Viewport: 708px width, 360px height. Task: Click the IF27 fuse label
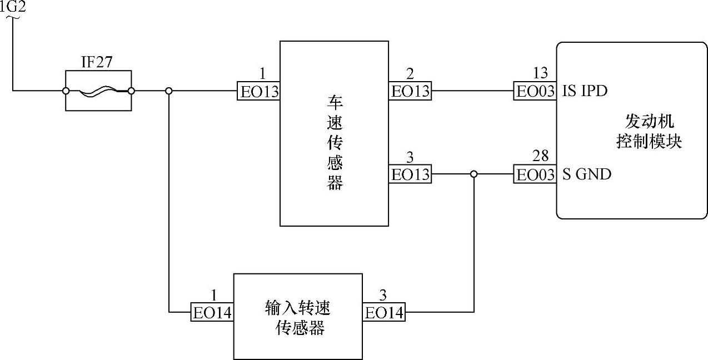tap(97, 62)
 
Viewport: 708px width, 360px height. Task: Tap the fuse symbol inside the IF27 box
tap(98, 91)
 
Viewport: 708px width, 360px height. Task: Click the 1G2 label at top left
tap(13, 7)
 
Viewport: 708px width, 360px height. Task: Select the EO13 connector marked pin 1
tap(259, 92)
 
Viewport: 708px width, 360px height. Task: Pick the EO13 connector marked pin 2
tap(410, 91)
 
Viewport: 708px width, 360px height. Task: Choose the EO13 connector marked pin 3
tap(410, 174)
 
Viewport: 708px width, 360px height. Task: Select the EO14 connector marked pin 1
tap(212, 313)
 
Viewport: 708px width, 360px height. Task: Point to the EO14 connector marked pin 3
tap(383, 313)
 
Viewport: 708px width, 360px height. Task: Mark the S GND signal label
tap(586, 174)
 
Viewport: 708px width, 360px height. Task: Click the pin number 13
tap(540, 73)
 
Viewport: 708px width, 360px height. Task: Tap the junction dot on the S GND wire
tap(473, 174)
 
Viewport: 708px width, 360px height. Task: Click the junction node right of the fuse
tap(169, 91)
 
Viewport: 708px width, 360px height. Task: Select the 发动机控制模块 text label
tap(649, 132)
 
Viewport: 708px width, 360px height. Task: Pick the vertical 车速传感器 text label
tap(335, 144)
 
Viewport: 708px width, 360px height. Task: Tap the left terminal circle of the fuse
tap(66, 91)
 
